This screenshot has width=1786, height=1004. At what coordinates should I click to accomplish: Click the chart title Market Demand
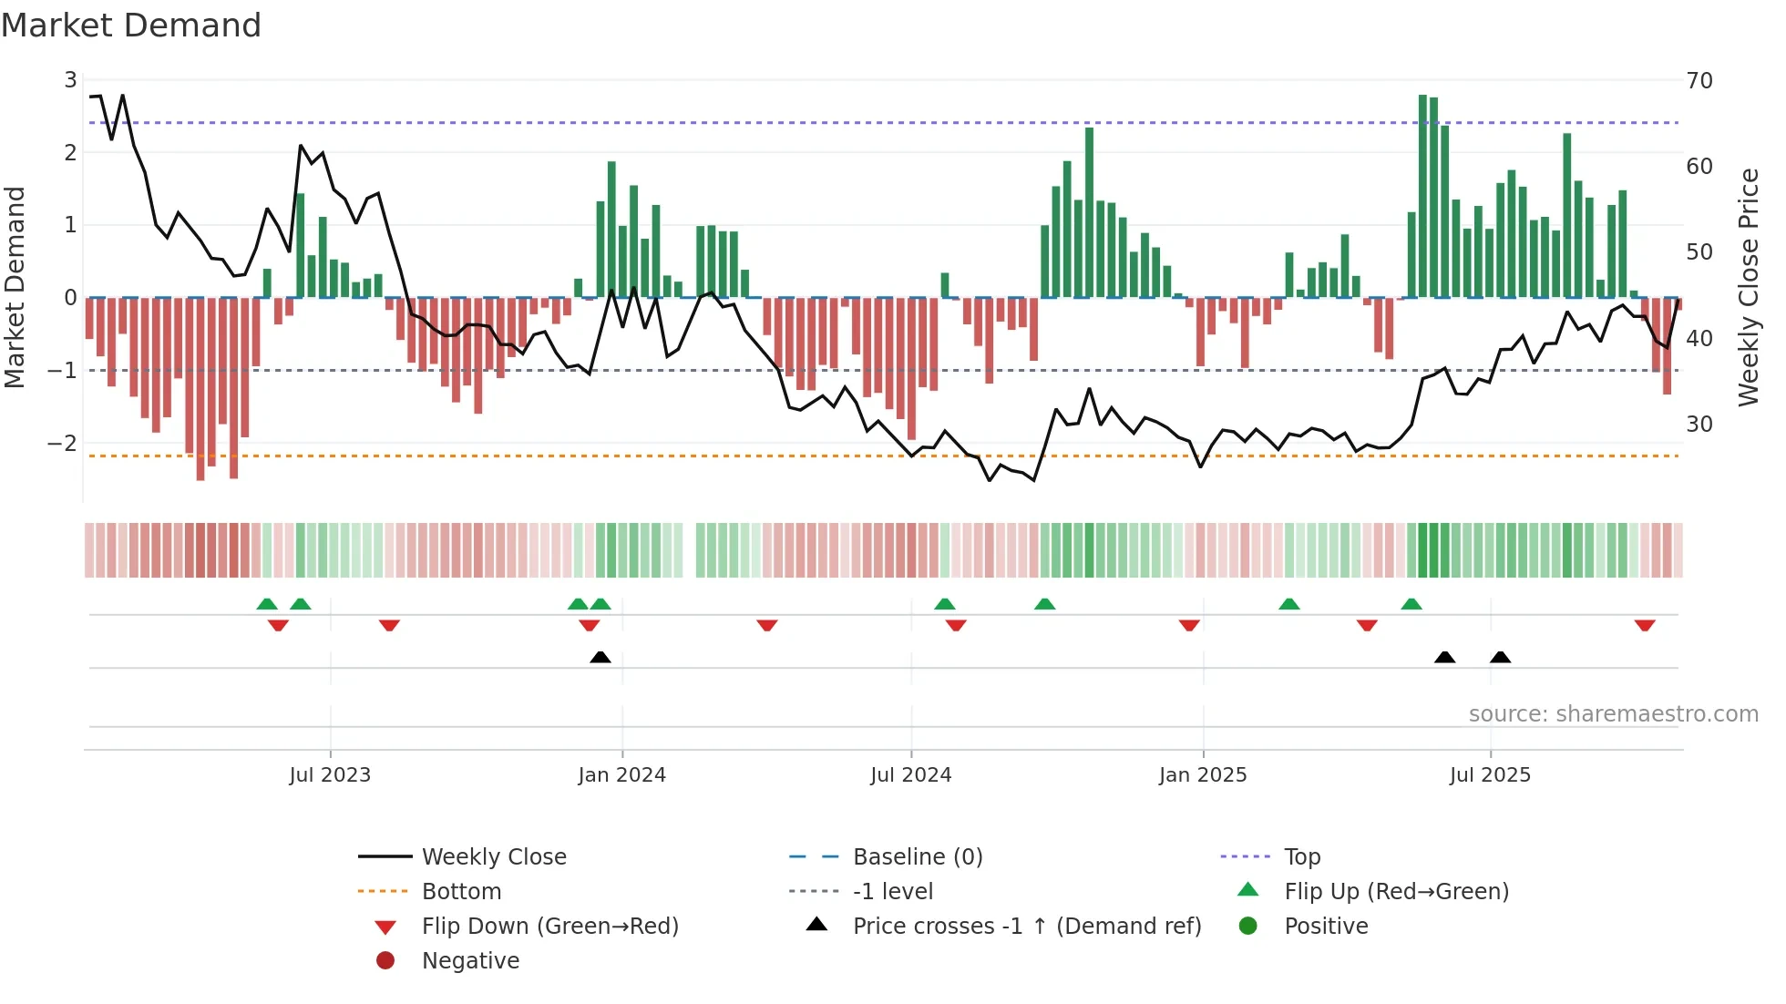(x=131, y=26)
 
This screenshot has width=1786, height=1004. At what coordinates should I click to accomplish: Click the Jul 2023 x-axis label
(x=330, y=775)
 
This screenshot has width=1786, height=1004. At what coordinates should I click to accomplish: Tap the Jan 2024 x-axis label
(x=621, y=775)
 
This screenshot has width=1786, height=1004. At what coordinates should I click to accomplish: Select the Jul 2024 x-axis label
(x=910, y=775)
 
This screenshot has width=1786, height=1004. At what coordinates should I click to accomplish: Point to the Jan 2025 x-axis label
(x=1203, y=775)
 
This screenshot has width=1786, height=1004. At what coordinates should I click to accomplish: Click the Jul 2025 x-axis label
(x=1490, y=775)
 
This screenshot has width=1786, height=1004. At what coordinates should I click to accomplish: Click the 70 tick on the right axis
(x=1699, y=81)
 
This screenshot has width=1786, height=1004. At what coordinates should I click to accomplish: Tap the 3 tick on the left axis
(x=70, y=80)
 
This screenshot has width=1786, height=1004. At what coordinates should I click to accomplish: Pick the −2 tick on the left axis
(x=62, y=444)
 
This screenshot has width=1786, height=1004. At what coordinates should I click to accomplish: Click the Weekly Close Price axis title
(x=1748, y=287)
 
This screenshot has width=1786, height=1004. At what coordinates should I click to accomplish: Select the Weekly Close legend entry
(x=493, y=857)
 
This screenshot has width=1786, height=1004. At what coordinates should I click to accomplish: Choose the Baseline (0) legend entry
(x=917, y=857)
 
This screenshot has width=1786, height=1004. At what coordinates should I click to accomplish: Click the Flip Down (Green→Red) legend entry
(x=549, y=927)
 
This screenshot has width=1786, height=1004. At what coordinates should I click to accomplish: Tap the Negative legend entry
(x=470, y=961)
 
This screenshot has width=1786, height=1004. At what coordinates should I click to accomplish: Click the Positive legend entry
(x=1325, y=927)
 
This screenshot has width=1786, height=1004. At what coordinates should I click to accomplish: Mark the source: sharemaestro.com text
(x=1613, y=714)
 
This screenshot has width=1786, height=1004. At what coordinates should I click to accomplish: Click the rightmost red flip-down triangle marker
(x=1645, y=625)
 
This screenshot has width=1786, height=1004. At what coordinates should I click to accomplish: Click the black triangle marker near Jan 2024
(x=600, y=657)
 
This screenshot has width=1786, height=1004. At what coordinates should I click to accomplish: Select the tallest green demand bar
(x=1422, y=196)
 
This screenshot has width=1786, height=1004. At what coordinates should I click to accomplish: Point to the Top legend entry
(x=1301, y=857)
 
